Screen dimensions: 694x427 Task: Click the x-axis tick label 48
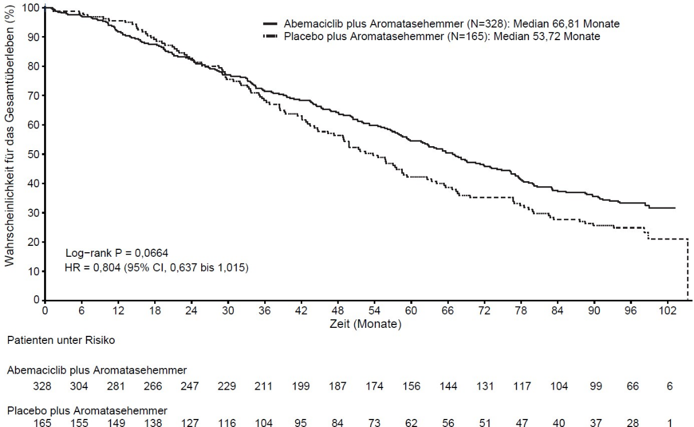[x=338, y=310]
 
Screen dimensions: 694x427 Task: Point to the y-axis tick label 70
[x=33, y=96]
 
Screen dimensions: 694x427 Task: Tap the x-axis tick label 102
[x=668, y=310]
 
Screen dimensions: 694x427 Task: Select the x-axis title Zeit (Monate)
[x=365, y=324]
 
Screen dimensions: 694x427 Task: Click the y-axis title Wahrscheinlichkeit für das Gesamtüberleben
[x=10, y=136]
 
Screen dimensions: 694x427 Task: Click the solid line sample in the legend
[x=270, y=24]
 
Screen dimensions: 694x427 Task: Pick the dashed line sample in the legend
[x=270, y=37]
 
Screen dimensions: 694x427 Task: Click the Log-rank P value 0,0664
[x=151, y=253]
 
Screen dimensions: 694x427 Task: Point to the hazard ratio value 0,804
[x=107, y=268]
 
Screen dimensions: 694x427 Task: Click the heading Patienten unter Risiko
[x=61, y=340]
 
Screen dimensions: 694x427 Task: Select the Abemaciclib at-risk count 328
[x=42, y=386]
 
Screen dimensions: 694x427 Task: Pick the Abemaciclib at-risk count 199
[x=301, y=386]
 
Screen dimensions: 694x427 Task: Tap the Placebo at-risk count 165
[x=42, y=423]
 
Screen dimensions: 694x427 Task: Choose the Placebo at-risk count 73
[x=374, y=423]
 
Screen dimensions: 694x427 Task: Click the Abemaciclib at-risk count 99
[x=596, y=386]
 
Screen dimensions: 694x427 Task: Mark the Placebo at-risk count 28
[x=633, y=423]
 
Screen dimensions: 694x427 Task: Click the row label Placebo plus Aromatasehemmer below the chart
[x=87, y=411]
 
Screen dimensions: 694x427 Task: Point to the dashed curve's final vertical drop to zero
[x=688, y=269]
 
